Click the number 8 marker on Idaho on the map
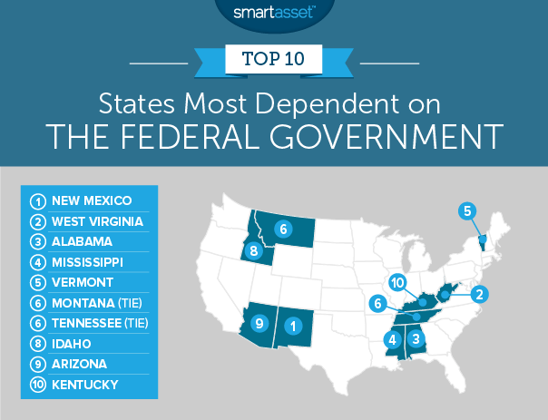255,251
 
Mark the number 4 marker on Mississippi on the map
393,340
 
